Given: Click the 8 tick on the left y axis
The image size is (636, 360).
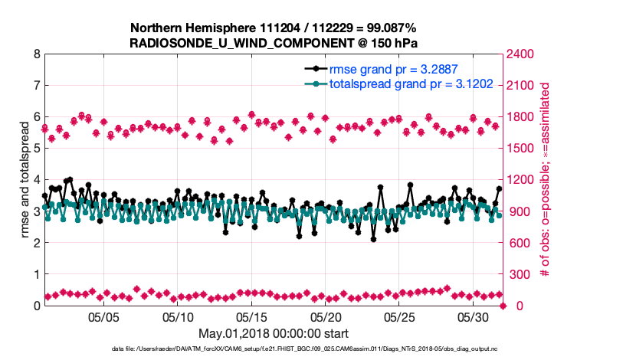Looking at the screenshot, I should click(36, 54).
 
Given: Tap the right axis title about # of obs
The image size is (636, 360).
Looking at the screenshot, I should click(546, 180).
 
